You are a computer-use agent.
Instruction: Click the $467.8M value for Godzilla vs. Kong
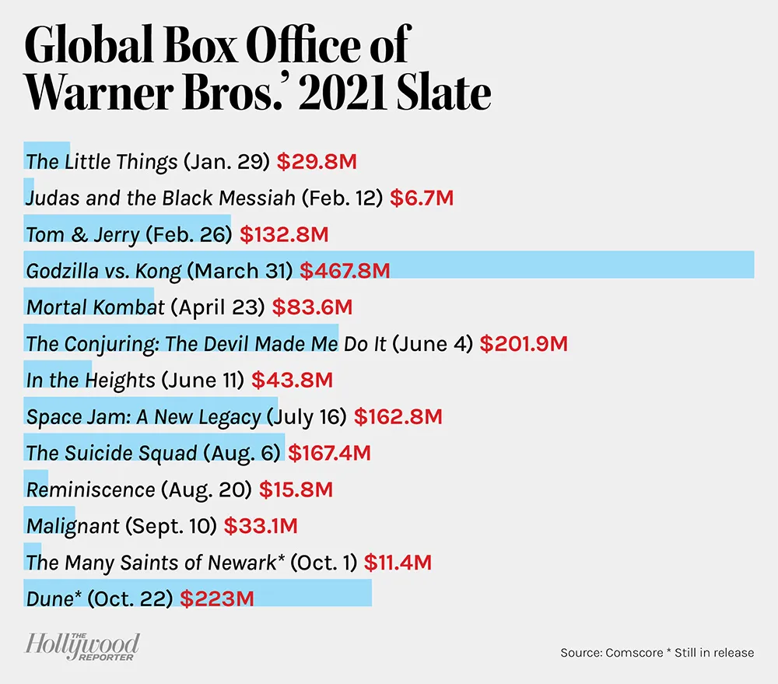coord(345,271)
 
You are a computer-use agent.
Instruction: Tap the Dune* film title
coord(54,599)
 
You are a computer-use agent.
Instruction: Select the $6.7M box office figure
coord(421,198)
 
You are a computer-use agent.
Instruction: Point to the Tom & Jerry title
coord(82,235)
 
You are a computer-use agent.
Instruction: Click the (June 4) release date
coord(433,344)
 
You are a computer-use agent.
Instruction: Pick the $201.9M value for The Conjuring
coord(524,344)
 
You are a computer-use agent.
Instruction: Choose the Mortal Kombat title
coord(95,307)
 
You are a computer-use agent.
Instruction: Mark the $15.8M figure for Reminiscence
coord(296,490)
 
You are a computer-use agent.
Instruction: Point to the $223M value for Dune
coord(217,599)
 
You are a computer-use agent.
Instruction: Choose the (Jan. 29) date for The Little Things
coord(226,162)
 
